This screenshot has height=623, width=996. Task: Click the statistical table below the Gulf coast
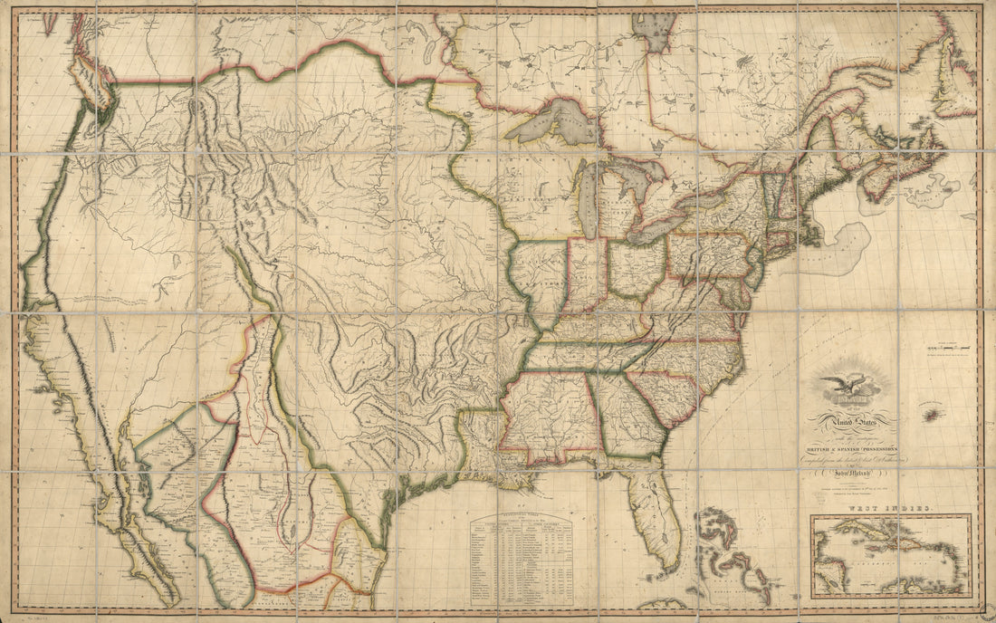[x=532, y=550]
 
